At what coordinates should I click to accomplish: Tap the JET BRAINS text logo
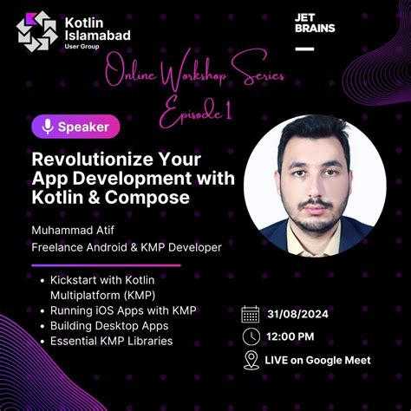315,23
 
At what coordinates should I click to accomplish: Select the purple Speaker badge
76,127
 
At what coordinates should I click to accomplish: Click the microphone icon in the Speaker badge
49,127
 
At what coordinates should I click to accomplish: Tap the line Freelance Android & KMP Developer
127,248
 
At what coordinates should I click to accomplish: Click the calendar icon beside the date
251,314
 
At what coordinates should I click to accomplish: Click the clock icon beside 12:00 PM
251,336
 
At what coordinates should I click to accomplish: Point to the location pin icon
251,360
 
